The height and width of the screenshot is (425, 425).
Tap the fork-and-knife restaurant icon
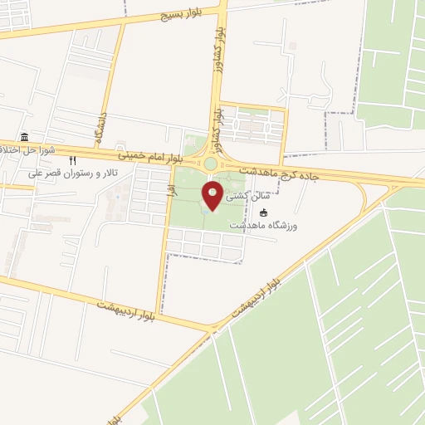click(x=72, y=161)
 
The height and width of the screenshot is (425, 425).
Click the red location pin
click(x=212, y=196)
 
